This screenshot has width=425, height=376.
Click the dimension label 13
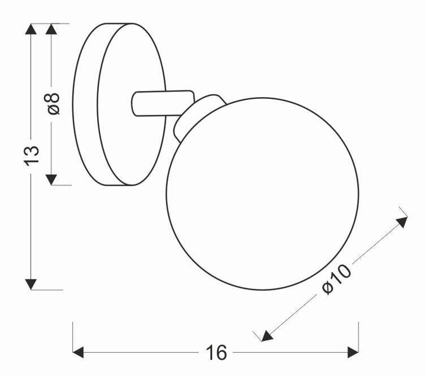pyautogui.click(x=32, y=156)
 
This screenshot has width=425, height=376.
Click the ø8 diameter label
pyautogui.click(x=53, y=104)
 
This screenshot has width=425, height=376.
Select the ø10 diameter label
pyautogui.click(x=337, y=279)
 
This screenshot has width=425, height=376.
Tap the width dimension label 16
pyautogui.click(x=216, y=353)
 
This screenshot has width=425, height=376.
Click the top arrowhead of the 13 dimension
pyautogui.click(x=31, y=29)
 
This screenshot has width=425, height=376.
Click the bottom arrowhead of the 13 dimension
pyautogui.click(x=31, y=284)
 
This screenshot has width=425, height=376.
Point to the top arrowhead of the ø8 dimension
pyautogui.click(x=51, y=29)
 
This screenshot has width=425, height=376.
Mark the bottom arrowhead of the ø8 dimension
pyautogui.click(x=51, y=180)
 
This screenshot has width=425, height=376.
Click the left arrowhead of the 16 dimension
pyautogui.click(x=78, y=352)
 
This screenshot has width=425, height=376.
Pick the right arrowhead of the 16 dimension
pyautogui.click(x=353, y=352)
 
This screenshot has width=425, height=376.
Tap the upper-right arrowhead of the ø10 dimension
pyautogui.click(x=402, y=222)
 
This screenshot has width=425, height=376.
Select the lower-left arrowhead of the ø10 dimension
pyautogui.click(x=267, y=336)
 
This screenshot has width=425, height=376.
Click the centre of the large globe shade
pyautogui.click(x=262, y=194)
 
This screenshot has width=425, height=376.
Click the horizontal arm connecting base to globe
pyautogui.click(x=163, y=103)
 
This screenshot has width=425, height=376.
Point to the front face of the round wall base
pyautogui.click(x=132, y=104)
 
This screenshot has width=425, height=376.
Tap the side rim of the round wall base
pyautogui.click(x=85, y=104)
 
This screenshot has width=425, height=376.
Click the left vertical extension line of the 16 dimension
pyautogui.click(x=73, y=337)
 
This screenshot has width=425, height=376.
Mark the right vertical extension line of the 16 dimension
pyautogui.click(x=359, y=337)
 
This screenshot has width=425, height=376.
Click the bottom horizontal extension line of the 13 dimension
pyautogui.click(x=47, y=290)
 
